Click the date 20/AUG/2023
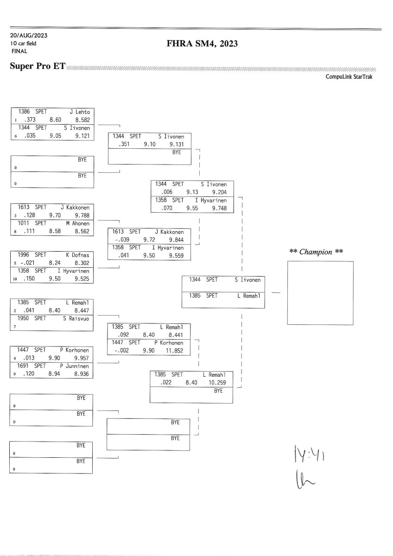28,36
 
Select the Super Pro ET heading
38,66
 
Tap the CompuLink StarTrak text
349,77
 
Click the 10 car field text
23,44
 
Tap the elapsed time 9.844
176,240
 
